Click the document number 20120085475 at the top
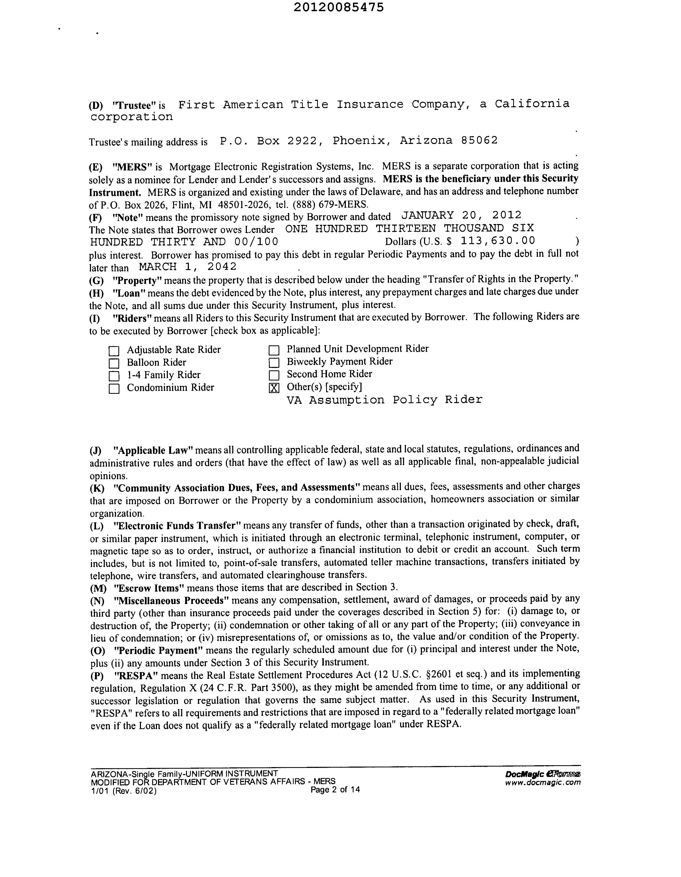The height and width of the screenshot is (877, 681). coord(338,7)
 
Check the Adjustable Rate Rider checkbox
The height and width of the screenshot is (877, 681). coord(114,351)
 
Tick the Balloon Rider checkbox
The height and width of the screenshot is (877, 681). coord(114,364)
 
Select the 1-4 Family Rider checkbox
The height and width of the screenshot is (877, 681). coord(114,376)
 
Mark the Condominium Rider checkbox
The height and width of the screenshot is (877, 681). coord(114,389)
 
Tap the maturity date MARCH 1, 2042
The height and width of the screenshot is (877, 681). coord(188,267)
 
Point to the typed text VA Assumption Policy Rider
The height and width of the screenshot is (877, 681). coord(384,400)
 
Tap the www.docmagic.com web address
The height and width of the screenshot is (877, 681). coord(543,782)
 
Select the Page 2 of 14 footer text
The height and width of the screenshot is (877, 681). coord(335,789)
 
